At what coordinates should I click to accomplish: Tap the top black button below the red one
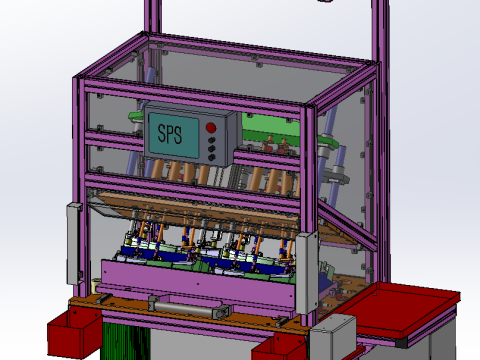[212, 142]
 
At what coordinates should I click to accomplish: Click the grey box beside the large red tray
[333, 337]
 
